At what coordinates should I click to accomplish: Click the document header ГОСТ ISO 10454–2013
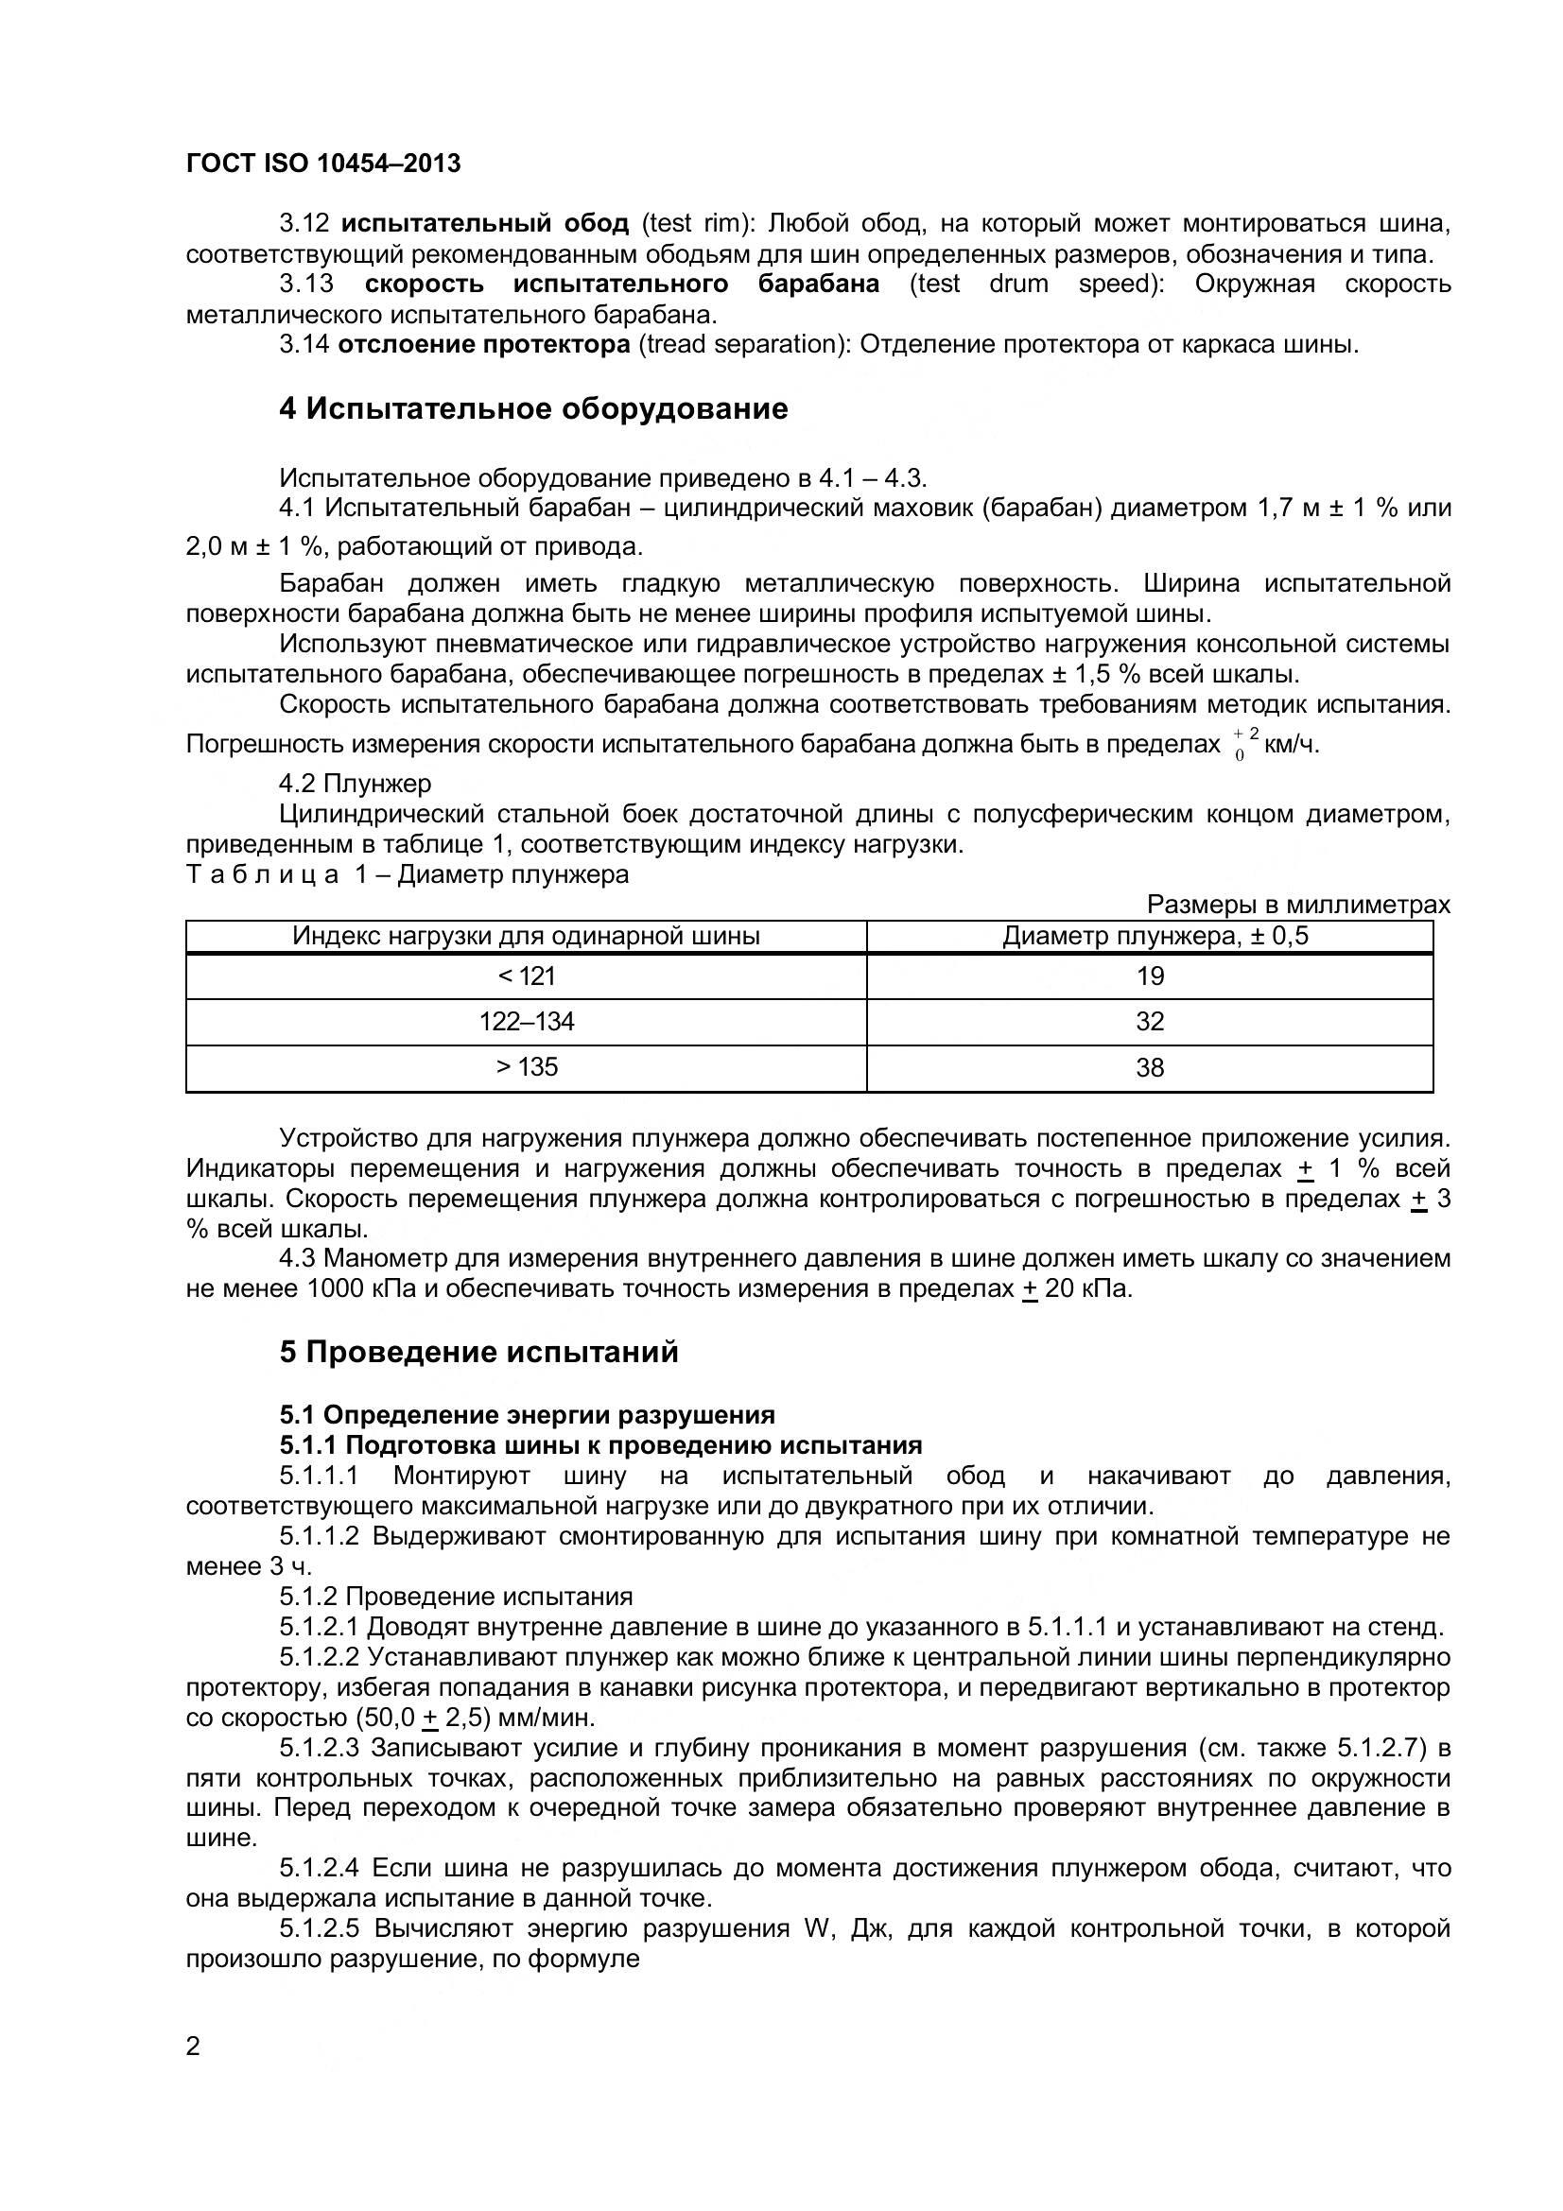click(x=322, y=164)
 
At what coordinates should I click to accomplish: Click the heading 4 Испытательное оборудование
click(x=532, y=408)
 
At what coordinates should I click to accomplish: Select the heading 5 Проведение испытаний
click(x=478, y=1352)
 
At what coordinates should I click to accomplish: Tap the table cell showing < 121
click(x=526, y=976)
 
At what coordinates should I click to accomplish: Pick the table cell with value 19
click(x=1150, y=976)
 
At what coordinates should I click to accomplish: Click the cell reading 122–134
click(x=526, y=1022)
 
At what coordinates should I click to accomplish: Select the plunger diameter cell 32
click(x=1150, y=1022)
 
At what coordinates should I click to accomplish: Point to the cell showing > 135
click(x=526, y=1067)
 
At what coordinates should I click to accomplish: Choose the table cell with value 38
click(x=1150, y=1067)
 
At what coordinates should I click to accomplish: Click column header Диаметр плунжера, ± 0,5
click(x=1155, y=936)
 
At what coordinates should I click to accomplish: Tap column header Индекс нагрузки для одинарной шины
click(x=526, y=936)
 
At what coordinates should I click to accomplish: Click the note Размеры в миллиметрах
click(x=1297, y=906)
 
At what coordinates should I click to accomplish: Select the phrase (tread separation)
click(x=744, y=345)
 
